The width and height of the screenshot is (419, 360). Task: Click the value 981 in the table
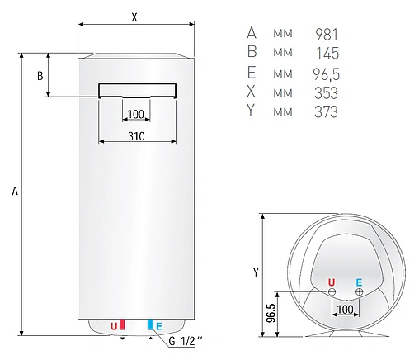pyautogui.click(x=327, y=34)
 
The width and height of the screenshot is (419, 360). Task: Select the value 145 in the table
pyautogui.click(x=327, y=54)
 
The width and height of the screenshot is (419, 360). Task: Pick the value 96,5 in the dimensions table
pyautogui.click(x=325, y=73)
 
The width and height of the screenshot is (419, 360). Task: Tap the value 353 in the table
pyautogui.click(x=327, y=93)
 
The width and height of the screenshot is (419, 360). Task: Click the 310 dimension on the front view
pyautogui.click(x=136, y=135)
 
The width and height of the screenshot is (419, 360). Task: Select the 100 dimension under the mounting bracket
pyautogui.click(x=136, y=114)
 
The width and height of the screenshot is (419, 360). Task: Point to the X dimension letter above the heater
pyautogui.click(x=134, y=16)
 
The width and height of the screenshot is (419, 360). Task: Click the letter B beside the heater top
pyautogui.click(x=40, y=76)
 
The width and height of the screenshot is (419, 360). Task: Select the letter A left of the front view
pyautogui.click(x=14, y=192)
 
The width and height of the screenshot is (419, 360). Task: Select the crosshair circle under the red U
pyautogui.click(x=332, y=291)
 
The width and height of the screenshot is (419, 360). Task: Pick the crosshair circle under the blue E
pyautogui.click(x=359, y=291)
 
